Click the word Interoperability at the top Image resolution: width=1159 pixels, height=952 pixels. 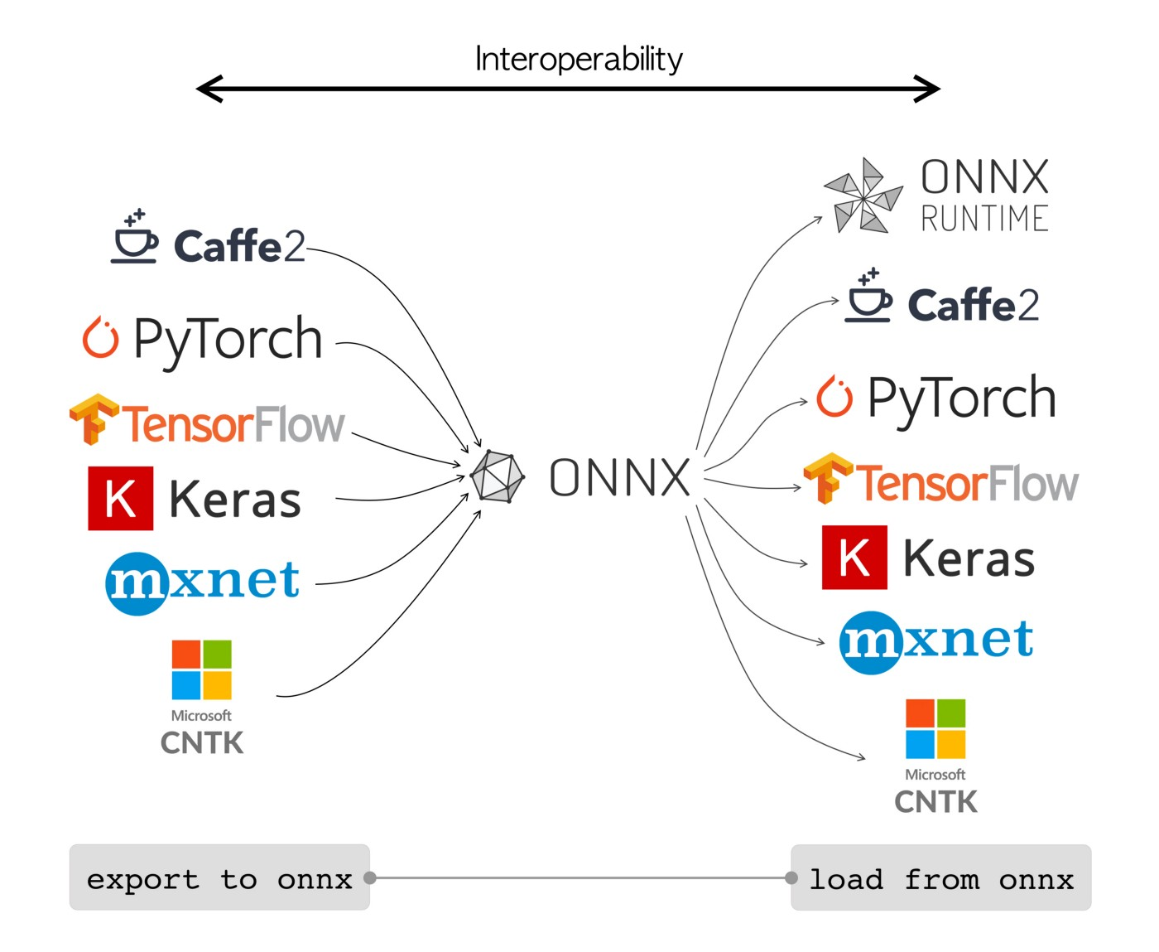(579, 59)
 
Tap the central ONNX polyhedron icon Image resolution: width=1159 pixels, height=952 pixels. (497, 477)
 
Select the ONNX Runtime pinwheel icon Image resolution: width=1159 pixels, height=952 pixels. (863, 196)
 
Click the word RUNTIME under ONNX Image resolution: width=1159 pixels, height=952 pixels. (984, 219)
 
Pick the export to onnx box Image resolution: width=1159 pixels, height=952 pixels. (219, 877)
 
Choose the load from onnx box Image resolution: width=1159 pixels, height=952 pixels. (941, 877)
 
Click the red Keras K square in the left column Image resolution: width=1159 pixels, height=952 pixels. (121, 498)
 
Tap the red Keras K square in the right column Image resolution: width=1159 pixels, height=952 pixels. (854, 557)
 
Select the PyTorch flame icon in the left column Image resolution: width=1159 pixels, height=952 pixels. (100, 338)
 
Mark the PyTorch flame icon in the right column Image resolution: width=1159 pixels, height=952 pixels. (834, 397)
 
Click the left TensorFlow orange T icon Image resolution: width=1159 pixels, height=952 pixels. (94, 419)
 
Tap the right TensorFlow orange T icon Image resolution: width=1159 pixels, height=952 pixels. (827, 478)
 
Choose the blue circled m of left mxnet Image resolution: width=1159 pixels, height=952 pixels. (137, 582)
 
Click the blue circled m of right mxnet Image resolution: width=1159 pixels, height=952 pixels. (870, 642)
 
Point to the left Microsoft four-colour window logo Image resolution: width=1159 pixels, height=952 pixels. (201, 669)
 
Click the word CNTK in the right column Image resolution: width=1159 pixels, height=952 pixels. (935, 802)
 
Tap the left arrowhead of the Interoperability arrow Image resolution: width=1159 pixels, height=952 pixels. (209, 89)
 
